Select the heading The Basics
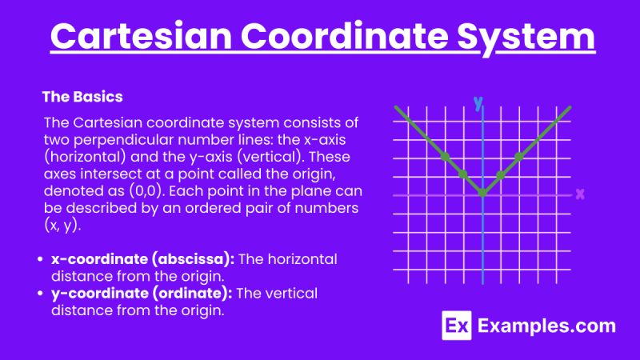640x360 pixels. pyautogui.click(x=82, y=98)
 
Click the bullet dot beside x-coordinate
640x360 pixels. pyautogui.click(x=41, y=260)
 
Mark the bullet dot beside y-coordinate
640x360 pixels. pyautogui.click(x=41, y=294)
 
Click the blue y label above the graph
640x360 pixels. pyautogui.click(x=478, y=103)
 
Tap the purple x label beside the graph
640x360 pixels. pyautogui.click(x=580, y=194)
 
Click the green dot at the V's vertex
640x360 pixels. pyautogui.click(x=482, y=193)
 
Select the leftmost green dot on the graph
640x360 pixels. pyautogui.click(x=445, y=156)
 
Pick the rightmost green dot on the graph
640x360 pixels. pyautogui.click(x=519, y=157)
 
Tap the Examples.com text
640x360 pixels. pyautogui.click(x=546, y=326)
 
